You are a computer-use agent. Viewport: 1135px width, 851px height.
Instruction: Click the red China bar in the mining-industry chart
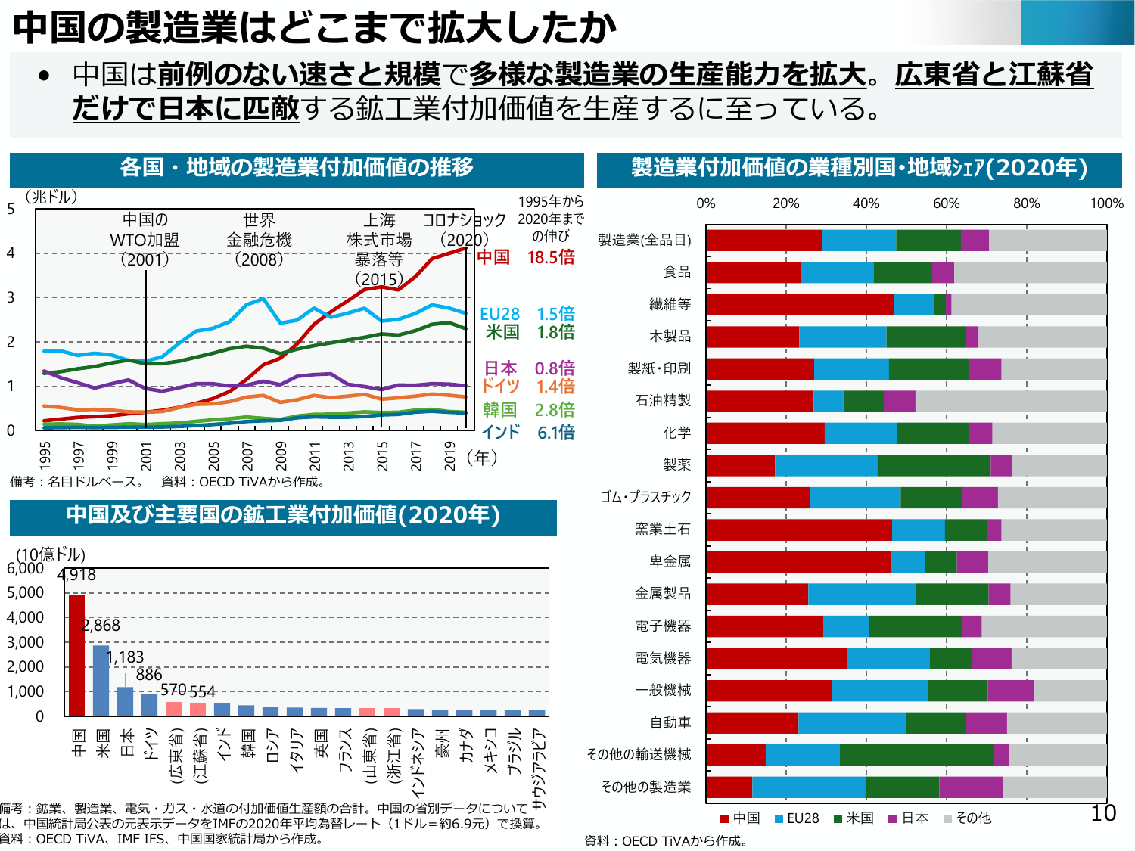pos(76,655)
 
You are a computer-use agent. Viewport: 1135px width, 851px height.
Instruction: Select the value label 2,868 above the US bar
pos(101,626)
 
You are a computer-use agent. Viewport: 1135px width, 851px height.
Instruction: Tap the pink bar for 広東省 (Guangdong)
pos(173,709)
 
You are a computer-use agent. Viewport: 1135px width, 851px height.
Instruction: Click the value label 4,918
pos(76,575)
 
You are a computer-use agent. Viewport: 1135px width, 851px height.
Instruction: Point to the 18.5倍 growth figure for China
pos(551,257)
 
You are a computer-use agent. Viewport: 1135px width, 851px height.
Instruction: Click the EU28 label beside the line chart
pos(500,314)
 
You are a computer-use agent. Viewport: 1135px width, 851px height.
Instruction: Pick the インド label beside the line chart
pos(501,432)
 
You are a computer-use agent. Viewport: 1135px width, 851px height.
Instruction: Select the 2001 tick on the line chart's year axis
pos(146,455)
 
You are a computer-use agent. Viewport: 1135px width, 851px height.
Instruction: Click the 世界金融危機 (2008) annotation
pos(259,240)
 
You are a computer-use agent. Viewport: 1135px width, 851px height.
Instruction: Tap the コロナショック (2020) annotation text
pos(465,230)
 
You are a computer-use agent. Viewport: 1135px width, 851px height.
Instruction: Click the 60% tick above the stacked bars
pos(946,203)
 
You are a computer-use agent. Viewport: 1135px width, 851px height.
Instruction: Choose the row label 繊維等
pos(670,304)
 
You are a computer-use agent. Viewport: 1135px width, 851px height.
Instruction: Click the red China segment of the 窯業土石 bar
pos(799,530)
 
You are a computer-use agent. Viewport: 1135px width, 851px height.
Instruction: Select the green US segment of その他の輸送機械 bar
pos(916,755)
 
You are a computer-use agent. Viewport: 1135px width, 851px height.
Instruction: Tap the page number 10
pos(1103,813)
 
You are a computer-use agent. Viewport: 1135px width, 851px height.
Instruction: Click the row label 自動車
pos(670,722)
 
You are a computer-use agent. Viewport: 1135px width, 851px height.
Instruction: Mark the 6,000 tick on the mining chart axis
pos(26,568)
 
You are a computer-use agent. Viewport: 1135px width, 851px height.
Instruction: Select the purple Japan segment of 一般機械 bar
pos(1010,691)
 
